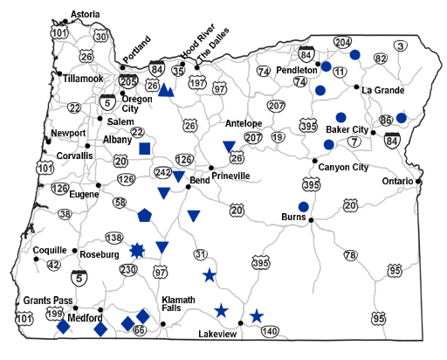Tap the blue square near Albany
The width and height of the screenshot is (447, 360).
tap(145, 149)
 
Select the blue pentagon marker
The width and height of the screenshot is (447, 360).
tap(145, 214)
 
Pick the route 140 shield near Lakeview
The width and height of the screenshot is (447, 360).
tap(269, 331)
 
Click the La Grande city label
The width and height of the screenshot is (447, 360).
tap(381, 89)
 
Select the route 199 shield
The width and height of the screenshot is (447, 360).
tap(56, 312)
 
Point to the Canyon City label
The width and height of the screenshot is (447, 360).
tap(344, 167)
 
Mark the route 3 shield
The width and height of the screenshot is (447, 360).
tap(401, 45)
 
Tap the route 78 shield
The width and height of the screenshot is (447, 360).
tap(351, 255)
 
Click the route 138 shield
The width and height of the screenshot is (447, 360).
tap(113, 238)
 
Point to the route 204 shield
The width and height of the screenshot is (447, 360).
tap(342, 42)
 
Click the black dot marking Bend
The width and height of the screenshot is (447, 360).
tap(189, 187)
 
